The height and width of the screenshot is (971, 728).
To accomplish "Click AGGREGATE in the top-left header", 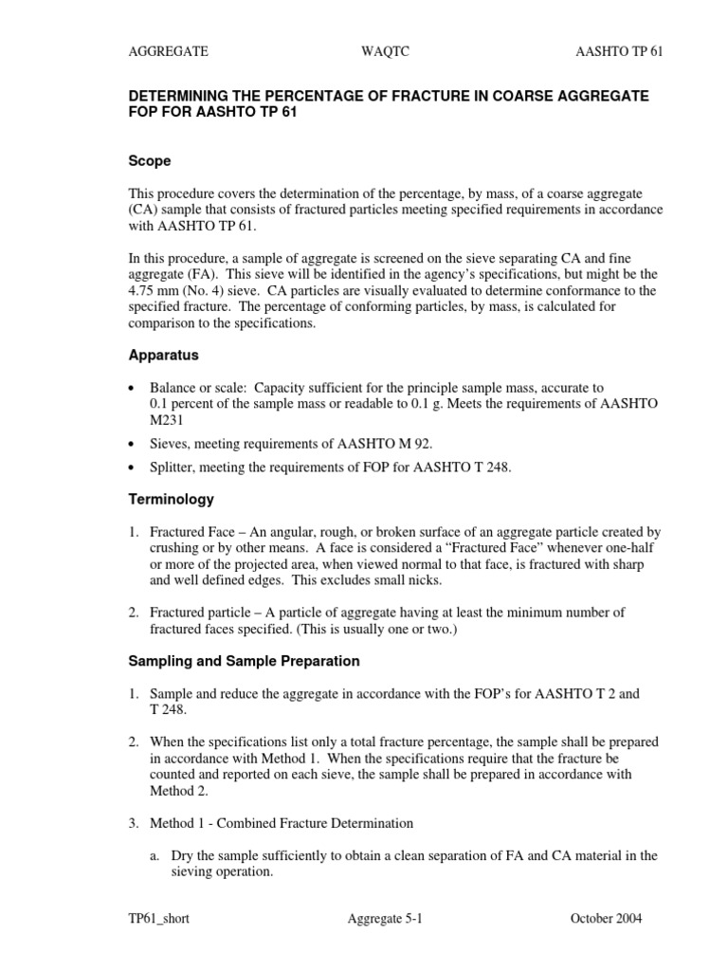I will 169,51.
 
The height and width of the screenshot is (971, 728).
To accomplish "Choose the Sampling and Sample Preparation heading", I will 244,660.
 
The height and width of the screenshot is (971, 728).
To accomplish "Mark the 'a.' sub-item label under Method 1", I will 155,855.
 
